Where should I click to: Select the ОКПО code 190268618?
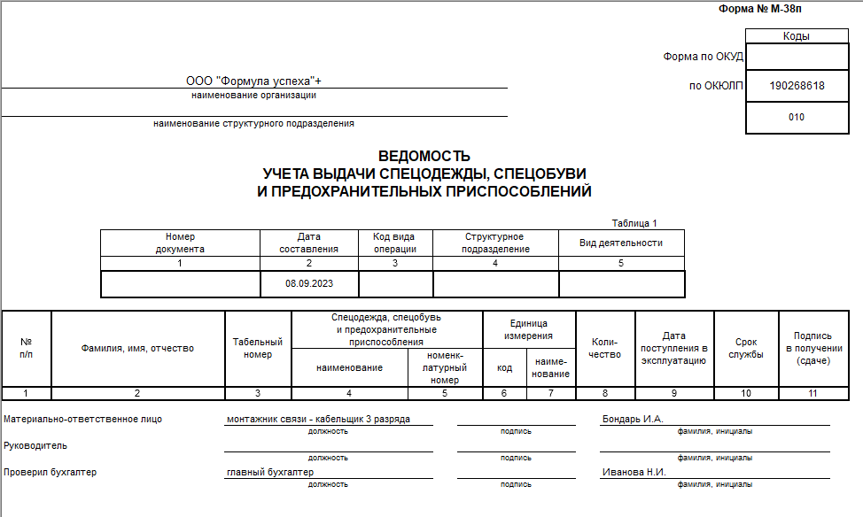click(x=797, y=86)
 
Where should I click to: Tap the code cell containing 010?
click(x=797, y=117)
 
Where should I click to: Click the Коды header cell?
click(x=797, y=36)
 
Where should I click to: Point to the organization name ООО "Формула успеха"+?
click(x=253, y=81)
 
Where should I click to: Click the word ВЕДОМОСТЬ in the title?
click(x=424, y=157)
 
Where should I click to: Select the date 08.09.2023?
click(x=309, y=284)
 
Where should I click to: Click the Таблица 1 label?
click(x=634, y=223)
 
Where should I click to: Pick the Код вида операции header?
click(x=395, y=243)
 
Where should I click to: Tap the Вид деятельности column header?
click(x=620, y=243)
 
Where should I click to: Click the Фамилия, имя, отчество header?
click(x=137, y=349)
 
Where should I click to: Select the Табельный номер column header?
click(x=258, y=348)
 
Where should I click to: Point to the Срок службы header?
click(x=746, y=348)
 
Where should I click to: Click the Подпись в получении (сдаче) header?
click(x=812, y=348)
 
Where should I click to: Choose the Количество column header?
click(x=605, y=348)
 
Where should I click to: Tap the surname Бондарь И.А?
click(x=632, y=420)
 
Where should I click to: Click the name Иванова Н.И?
click(x=634, y=473)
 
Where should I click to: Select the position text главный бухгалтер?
click(x=269, y=473)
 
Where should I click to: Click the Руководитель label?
click(x=35, y=446)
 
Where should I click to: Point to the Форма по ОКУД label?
click(x=703, y=57)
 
